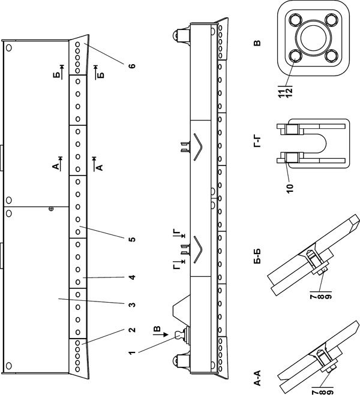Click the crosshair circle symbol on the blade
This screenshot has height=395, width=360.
51,209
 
